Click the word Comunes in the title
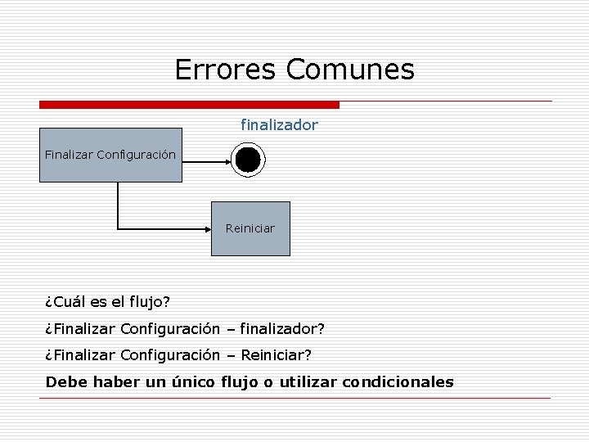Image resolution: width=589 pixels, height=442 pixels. coord(350,70)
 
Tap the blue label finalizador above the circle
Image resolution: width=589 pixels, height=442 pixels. coord(279,125)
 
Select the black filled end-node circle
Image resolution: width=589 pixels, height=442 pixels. coord(246,160)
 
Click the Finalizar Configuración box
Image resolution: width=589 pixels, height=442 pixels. coord(110,154)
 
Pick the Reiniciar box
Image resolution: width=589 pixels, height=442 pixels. coord(250,228)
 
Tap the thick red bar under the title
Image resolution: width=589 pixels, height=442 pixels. coord(189,105)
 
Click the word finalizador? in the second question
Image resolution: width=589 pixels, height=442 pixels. coord(282,329)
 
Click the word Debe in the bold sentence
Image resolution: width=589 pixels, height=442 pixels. coord(64,382)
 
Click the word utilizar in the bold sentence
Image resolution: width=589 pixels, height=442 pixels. coord(308,382)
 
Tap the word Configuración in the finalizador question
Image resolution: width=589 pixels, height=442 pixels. coord(170,329)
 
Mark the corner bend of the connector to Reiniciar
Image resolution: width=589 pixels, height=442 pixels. coord(119,228)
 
